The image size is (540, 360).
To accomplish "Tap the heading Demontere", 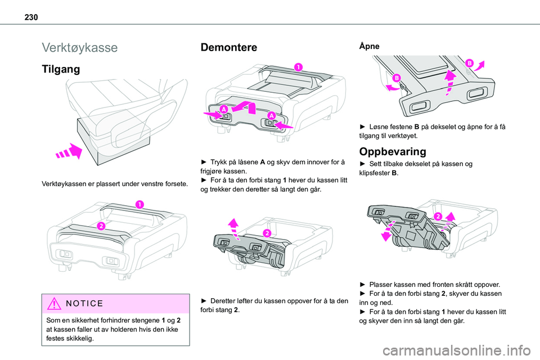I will tap(229, 47).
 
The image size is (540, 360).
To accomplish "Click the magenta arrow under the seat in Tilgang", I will tap(67, 152).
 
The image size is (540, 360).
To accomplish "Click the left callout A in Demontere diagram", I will tap(223, 109).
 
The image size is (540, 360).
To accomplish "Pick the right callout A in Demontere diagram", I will tap(271, 115).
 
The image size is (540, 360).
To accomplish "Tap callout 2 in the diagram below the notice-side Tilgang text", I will tap(102, 226).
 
